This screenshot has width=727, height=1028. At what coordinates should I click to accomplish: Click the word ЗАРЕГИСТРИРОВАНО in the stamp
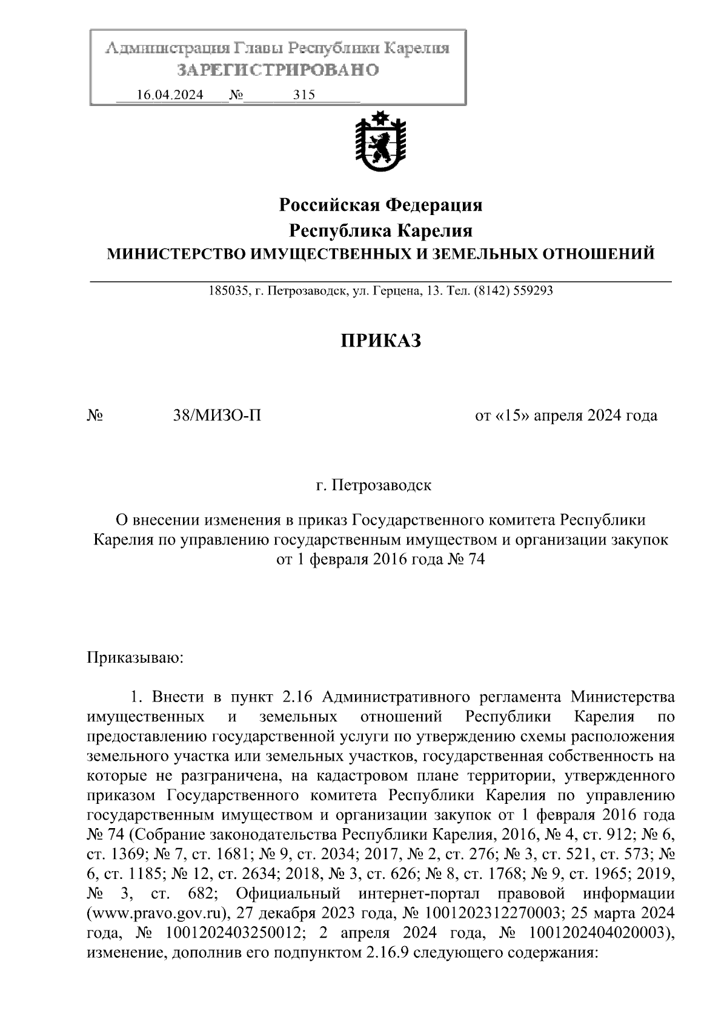pyautogui.click(x=277, y=70)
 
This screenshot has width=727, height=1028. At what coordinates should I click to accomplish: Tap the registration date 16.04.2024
pyautogui.click(x=170, y=95)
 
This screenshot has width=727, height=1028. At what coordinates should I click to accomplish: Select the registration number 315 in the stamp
pyautogui.click(x=304, y=95)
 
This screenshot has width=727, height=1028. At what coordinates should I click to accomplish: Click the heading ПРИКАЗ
pyautogui.click(x=380, y=341)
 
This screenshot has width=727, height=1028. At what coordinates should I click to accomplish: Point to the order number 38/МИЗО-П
pyautogui.click(x=217, y=416)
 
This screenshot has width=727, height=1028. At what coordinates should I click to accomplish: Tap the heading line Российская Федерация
pyautogui.click(x=380, y=205)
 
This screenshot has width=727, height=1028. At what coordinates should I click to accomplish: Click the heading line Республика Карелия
pyautogui.click(x=380, y=231)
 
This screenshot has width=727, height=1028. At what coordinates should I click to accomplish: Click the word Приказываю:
pyautogui.click(x=135, y=657)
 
